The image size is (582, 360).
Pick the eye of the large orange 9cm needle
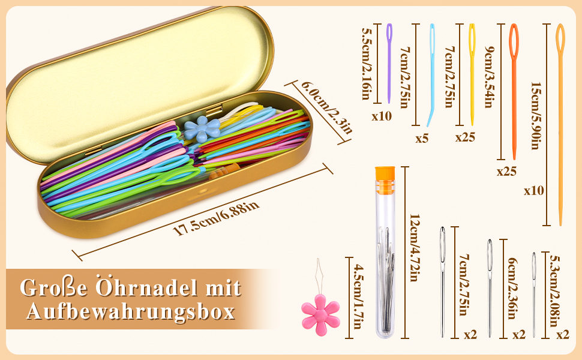pos(514,39)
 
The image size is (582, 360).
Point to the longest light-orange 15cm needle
pos(560,120)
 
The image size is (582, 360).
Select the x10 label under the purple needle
pos(381,116)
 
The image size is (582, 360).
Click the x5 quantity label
pos(422,139)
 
